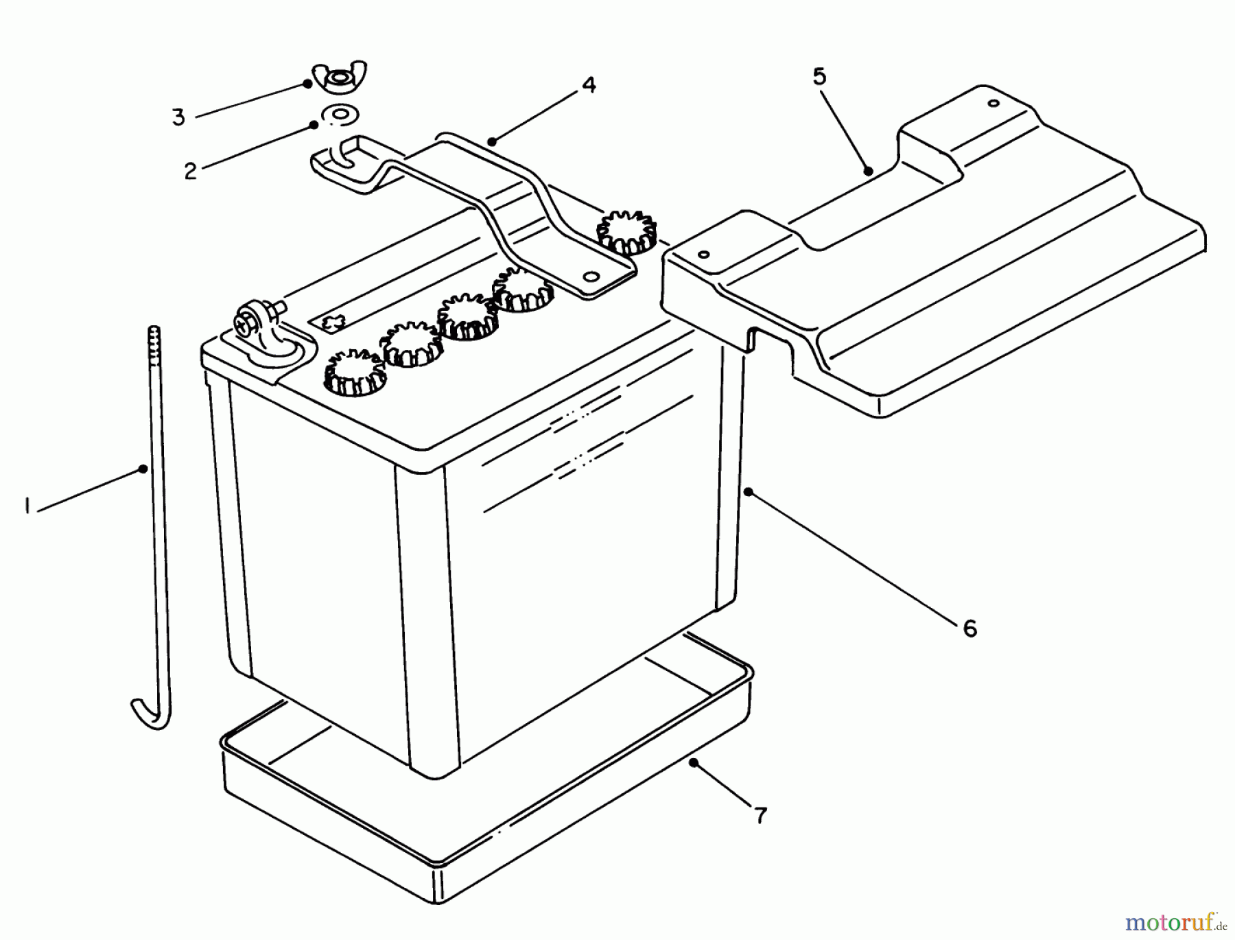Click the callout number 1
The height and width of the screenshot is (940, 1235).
[x=27, y=507]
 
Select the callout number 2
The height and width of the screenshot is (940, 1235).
[x=190, y=170]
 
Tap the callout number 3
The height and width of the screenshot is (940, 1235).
[x=178, y=117]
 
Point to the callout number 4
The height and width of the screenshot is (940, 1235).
[x=588, y=85]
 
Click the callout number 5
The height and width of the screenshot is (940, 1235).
[x=819, y=77]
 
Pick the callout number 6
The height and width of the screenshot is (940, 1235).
[x=969, y=628]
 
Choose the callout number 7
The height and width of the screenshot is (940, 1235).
[x=760, y=815]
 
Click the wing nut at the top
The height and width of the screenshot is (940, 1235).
[x=339, y=78]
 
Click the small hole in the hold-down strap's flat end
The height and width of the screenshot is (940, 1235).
[x=589, y=277]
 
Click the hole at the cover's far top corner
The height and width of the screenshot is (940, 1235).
[x=992, y=104]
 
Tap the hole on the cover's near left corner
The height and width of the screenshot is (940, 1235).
[x=703, y=255]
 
